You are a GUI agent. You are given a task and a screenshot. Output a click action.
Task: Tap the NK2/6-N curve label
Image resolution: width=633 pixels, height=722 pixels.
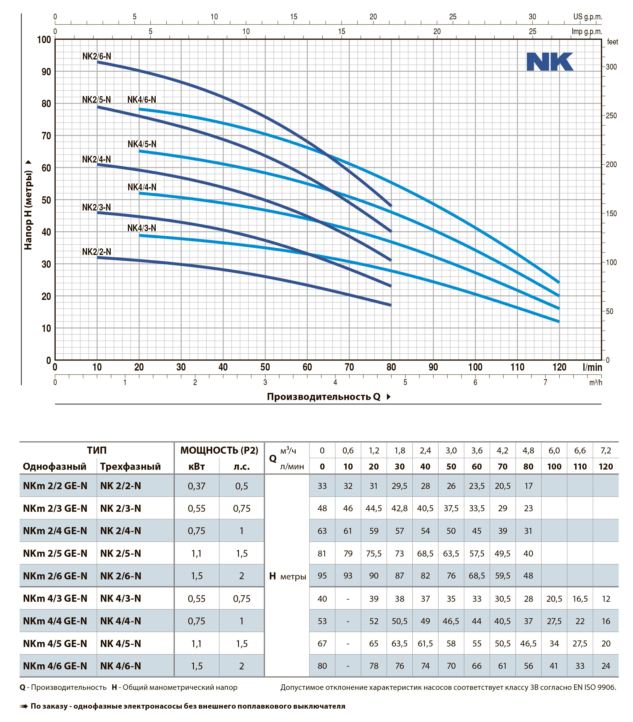click(x=97, y=56)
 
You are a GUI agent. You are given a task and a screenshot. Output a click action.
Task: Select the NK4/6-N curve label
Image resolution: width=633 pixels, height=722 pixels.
click(x=142, y=100)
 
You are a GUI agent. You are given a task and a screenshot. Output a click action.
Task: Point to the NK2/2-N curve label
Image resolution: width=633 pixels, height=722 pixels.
click(x=97, y=252)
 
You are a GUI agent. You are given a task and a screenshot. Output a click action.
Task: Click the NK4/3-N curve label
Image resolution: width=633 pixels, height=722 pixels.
click(x=142, y=228)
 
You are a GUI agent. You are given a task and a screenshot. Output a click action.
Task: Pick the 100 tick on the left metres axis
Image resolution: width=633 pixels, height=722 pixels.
click(x=44, y=40)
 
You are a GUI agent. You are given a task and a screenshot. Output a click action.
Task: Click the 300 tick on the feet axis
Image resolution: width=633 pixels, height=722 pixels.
click(x=611, y=67)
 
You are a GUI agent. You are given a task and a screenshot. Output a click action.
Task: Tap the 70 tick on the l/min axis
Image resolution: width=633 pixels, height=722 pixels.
click(x=349, y=367)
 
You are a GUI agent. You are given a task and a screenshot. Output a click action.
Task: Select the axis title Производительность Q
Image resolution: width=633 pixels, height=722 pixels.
click(x=323, y=396)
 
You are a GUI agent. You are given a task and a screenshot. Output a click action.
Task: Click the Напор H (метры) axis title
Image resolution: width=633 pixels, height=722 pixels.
click(x=28, y=210)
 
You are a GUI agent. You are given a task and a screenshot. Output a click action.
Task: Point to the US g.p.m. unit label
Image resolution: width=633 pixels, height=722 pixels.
click(x=587, y=17)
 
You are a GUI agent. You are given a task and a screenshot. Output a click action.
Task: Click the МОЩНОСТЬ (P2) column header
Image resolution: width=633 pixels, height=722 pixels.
click(x=219, y=450)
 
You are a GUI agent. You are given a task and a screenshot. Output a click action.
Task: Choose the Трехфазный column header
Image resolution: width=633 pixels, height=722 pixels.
click(x=130, y=467)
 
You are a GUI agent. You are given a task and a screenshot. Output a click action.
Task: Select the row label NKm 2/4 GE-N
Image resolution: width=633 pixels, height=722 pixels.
click(x=55, y=531)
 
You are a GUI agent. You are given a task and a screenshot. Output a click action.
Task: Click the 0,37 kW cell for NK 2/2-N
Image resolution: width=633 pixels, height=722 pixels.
click(x=196, y=486)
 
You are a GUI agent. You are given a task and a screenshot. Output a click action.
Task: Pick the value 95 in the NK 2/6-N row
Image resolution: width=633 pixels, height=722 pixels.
click(x=322, y=576)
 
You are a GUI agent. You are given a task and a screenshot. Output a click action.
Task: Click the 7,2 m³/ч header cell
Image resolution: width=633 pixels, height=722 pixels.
click(x=605, y=450)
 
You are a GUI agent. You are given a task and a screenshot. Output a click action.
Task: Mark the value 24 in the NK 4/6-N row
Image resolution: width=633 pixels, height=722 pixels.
click(x=605, y=666)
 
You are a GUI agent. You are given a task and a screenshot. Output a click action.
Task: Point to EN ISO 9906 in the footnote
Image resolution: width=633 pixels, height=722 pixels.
click(x=594, y=687)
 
